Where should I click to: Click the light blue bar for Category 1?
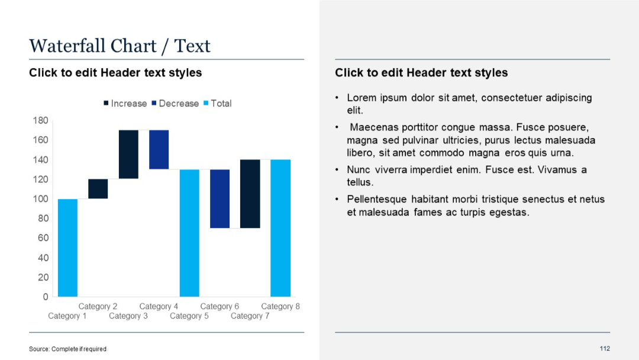click(67, 247)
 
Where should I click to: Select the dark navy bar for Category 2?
click(98, 188)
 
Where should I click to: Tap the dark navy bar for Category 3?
click(128, 154)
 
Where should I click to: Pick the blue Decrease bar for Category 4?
click(159, 149)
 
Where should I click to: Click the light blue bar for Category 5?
click(189, 233)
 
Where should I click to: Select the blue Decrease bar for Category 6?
click(220, 198)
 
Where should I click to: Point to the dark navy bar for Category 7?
click(250, 194)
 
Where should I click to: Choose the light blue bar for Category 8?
click(280, 228)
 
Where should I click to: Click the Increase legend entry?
click(125, 104)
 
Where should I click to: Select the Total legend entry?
click(217, 104)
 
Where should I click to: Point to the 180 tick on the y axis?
click(40, 120)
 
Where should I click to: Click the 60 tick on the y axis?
click(43, 238)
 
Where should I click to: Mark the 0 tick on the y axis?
click(45, 297)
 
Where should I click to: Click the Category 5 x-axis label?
click(189, 316)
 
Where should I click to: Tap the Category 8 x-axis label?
click(280, 306)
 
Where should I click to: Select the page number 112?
click(604, 348)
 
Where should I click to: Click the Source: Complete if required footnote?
click(67, 349)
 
